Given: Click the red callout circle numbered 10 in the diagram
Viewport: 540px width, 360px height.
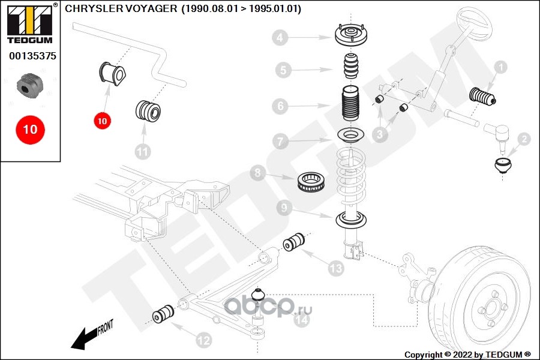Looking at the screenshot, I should (x=102, y=121).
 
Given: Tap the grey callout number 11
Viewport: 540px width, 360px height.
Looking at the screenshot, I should (x=142, y=151).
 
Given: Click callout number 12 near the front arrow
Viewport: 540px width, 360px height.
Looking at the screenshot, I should (x=204, y=340).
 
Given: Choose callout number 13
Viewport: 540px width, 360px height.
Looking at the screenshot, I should (x=335, y=268).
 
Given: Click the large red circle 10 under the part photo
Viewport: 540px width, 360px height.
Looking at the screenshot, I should (x=30, y=129).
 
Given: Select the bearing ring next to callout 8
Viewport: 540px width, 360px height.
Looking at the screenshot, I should (x=312, y=181).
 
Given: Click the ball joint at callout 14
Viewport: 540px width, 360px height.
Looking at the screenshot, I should (x=259, y=296).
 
